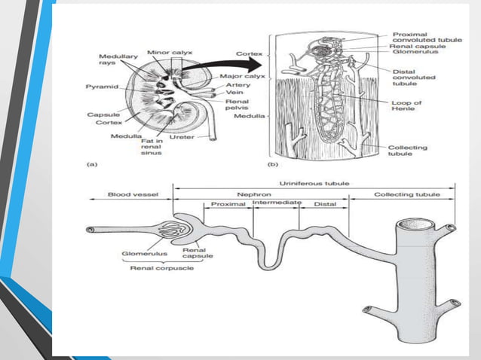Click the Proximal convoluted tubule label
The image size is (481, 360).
point(423,38)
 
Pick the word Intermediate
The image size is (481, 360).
point(277,203)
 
